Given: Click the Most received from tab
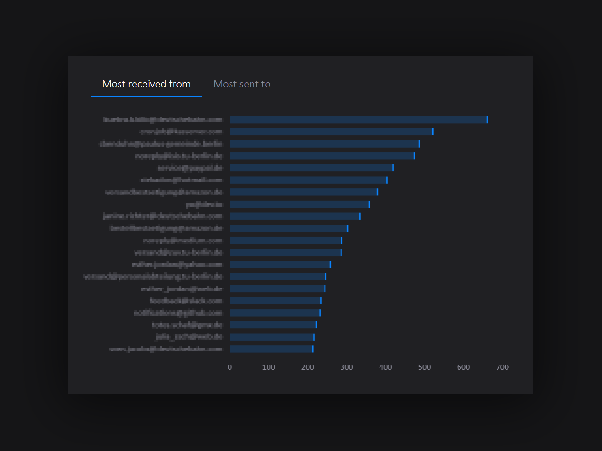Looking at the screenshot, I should [146, 84].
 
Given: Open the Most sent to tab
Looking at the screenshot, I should [242, 84].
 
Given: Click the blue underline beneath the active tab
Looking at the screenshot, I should [146, 96].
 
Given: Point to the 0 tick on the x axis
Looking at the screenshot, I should [230, 367].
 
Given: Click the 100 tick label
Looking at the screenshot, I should [269, 367].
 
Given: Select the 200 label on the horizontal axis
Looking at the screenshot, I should [308, 367].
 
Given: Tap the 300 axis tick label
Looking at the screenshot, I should [347, 367].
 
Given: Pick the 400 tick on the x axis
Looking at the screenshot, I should [386, 367].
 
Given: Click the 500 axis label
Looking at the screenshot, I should [424, 367].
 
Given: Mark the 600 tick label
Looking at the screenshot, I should [463, 367].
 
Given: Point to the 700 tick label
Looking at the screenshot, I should [502, 367].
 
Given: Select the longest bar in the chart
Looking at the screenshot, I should [357, 120].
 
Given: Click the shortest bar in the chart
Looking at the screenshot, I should [270, 349].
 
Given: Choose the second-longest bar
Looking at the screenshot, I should [331, 132].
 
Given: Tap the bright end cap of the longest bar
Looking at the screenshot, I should [487, 120].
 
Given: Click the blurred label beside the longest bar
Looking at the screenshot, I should [163, 120].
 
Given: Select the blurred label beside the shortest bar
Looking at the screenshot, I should [166, 349].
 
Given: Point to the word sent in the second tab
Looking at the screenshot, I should [249, 84].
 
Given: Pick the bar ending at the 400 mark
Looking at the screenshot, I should [308, 180].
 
